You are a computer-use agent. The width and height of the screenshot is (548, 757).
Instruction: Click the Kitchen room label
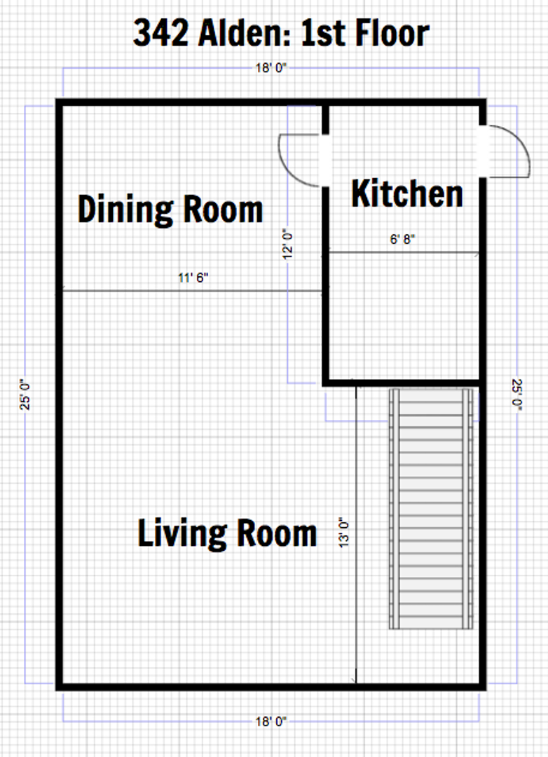point(407,193)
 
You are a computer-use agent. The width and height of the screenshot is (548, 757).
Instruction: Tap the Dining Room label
point(170,210)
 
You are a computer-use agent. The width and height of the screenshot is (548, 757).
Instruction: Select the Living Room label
point(227,533)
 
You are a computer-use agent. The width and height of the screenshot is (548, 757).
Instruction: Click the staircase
point(431,508)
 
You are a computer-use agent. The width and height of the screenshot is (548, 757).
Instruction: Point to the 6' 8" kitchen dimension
point(402,239)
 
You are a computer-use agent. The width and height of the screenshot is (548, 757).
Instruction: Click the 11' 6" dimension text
point(193,278)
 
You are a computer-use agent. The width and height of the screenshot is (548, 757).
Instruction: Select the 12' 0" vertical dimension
point(288,244)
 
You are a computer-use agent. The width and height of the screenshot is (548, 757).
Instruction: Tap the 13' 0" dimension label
point(344,533)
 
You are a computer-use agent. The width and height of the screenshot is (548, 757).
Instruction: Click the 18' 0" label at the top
point(271,68)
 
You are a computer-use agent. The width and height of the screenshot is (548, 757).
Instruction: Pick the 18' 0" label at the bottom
point(271,721)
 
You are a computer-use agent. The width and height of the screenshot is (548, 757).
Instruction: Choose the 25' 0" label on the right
point(517,395)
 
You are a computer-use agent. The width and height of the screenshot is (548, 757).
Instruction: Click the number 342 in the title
point(161,33)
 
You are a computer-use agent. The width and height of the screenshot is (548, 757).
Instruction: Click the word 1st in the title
point(323,33)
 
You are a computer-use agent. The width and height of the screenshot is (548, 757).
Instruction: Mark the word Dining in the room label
point(125,210)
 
